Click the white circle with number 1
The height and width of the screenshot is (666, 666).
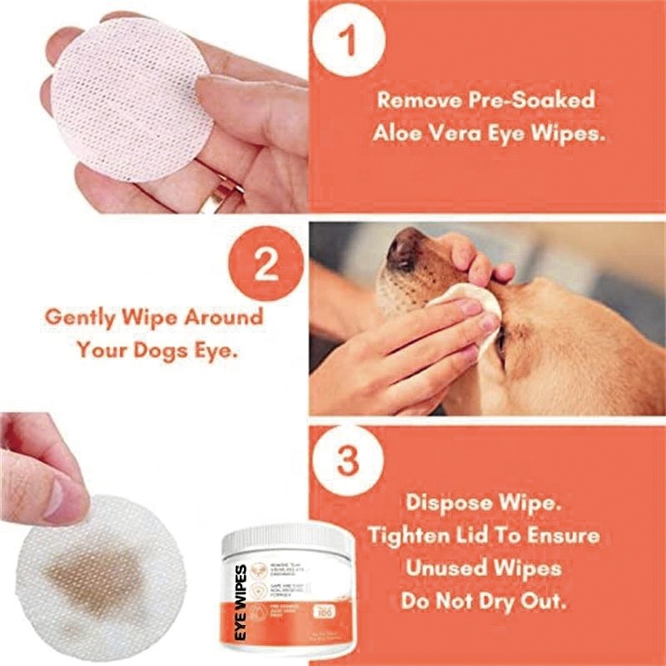(x=349, y=39)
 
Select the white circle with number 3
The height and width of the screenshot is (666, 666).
(x=349, y=460)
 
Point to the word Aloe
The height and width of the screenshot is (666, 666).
(x=398, y=133)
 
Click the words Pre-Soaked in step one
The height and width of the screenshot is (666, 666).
(x=537, y=101)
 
